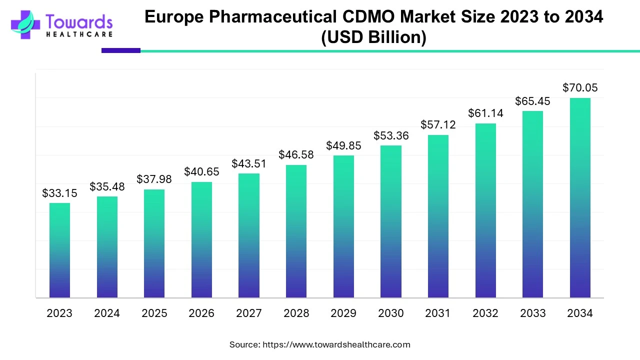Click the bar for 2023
pos(59,250)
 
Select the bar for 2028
pos(296,231)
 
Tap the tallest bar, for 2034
pos(580,197)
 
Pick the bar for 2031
pos(438,216)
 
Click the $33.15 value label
pos(59,193)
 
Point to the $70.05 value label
pos(580,88)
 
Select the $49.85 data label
pos(343,145)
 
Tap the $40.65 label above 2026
pos(201,172)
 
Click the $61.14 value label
pos(485,113)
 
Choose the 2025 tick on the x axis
pos(154,313)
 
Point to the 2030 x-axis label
pos(390,313)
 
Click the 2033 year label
pos(532,313)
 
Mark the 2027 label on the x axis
pos(249,313)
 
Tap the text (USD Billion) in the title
pos(373,37)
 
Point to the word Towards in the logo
pos(79,21)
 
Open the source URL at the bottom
pos(336,344)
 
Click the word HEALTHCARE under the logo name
pos(79,34)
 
